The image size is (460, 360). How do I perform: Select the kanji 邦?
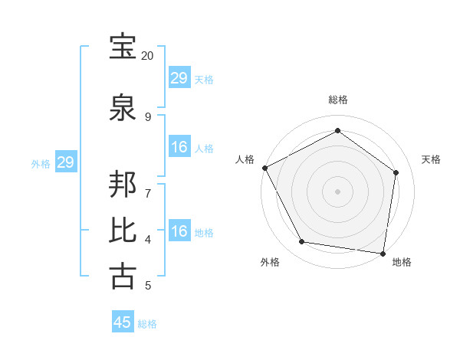(123, 187)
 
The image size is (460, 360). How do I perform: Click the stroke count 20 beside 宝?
(148, 56)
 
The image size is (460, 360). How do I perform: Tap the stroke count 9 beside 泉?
(148, 116)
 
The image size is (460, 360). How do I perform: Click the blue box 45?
(123, 322)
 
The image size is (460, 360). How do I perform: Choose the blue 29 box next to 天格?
(179, 77)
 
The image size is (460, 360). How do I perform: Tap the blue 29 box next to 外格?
(65, 162)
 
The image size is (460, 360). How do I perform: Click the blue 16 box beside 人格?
(179, 147)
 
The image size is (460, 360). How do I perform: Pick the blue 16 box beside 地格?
(179, 231)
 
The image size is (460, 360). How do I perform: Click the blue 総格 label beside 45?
(147, 324)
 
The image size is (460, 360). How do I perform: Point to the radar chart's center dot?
(337, 191)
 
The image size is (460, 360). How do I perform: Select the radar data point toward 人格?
(264, 168)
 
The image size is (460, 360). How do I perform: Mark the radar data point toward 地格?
(383, 253)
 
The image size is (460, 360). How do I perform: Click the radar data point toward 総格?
(337, 131)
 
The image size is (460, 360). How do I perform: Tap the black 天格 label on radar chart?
(432, 159)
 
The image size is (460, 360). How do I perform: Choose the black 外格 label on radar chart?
(270, 262)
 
